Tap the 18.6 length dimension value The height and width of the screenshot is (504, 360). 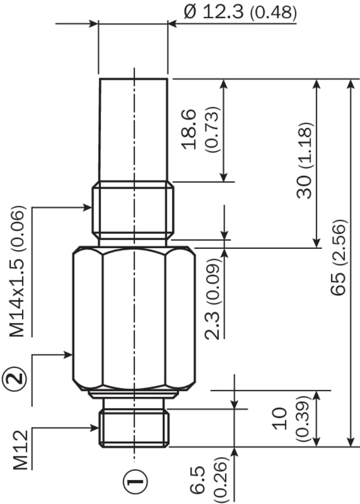189,129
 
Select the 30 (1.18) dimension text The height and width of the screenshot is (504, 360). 304,160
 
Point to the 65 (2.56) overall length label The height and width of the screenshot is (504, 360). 339,257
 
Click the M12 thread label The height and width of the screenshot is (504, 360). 20,450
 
